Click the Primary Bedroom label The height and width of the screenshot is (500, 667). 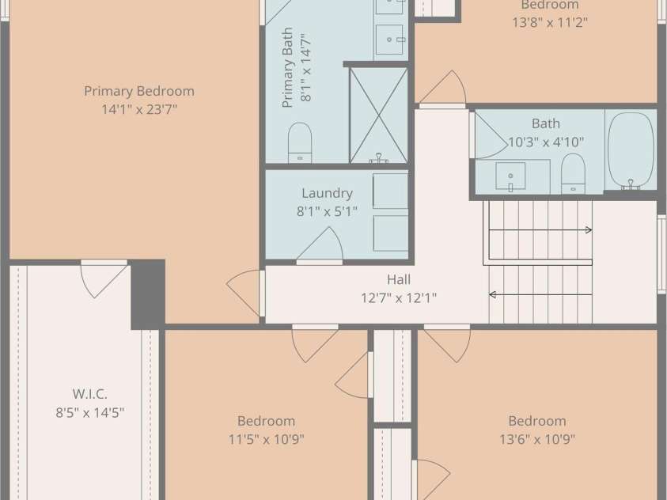click(x=139, y=91)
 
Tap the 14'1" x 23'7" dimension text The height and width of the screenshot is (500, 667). click(x=139, y=110)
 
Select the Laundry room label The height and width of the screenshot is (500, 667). click(x=327, y=193)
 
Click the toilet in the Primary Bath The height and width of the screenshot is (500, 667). click(x=300, y=142)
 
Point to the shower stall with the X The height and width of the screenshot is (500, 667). click(x=378, y=116)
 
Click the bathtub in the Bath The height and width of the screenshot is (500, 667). click(x=631, y=151)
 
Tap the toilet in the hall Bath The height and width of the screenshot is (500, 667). click(x=573, y=173)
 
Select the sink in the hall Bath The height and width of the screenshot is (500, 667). click(x=510, y=176)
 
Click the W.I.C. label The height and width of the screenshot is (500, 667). click(x=89, y=394)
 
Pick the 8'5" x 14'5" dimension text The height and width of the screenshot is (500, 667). click(x=89, y=412)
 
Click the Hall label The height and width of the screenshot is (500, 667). click(x=399, y=279)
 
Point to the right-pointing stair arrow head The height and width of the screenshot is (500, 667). click(x=589, y=230)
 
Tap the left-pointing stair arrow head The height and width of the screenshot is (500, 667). click(x=492, y=294)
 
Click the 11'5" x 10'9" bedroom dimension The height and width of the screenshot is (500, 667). click(x=267, y=439)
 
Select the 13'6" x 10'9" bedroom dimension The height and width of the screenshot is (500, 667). click(x=537, y=439)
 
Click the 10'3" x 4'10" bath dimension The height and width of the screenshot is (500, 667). click(x=546, y=142)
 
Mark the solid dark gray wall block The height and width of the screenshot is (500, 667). click(x=148, y=294)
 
